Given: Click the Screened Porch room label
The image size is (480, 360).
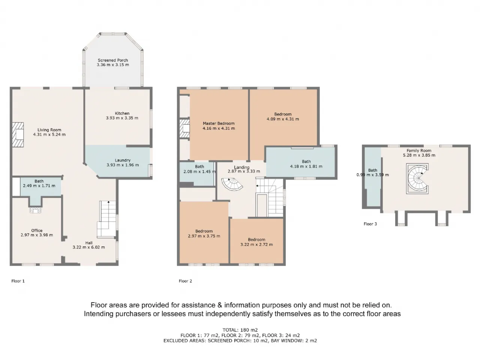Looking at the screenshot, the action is click(x=113, y=60).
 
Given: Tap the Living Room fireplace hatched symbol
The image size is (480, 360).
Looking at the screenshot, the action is click(x=18, y=134).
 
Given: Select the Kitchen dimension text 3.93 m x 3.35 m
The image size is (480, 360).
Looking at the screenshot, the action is click(x=122, y=118).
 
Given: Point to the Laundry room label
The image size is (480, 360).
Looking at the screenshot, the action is click(x=123, y=160).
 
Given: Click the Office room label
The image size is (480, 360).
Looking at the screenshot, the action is click(x=37, y=230).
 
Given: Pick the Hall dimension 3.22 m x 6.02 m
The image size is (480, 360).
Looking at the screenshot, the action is click(x=88, y=247).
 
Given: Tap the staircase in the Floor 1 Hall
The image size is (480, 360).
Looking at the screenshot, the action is click(x=106, y=219).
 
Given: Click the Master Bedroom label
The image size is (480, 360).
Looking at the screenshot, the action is click(x=219, y=123).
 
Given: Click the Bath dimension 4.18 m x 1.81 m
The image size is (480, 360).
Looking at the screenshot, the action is click(x=306, y=166).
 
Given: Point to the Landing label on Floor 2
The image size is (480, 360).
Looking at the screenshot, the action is click(x=241, y=167).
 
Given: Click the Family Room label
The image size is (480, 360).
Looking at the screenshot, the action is click(x=419, y=150).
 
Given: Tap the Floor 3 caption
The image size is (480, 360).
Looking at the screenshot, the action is click(x=370, y=224).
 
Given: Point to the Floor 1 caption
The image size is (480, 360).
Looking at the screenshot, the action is click(x=18, y=281).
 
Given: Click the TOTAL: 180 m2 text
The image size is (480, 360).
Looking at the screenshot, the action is click(x=240, y=330).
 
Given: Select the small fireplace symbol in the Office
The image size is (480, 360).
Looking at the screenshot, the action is click(x=35, y=210).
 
